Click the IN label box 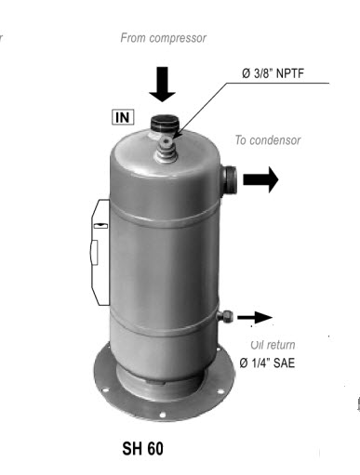click(x=123, y=117)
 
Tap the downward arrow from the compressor click(x=162, y=85)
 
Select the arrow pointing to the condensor click(x=260, y=179)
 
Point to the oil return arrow click(x=255, y=317)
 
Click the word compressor click(x=180, y=38)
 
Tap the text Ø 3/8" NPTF click(x=273, y=73)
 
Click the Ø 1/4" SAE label click(x=267, y=363)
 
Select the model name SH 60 click(x=142, y=448)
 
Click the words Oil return click(x=273, y=345)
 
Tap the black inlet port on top click(x=164, y=124)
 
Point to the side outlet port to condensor click(x=229, y=179)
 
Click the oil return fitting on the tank click(x=225, y=316)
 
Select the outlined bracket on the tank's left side click(x=100, y=252)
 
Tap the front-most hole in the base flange click(x=162, y=415)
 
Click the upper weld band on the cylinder click(x=165, y=216)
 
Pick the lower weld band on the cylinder click(x=165, y=323)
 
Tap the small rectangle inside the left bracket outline click(x=100, y=226)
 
